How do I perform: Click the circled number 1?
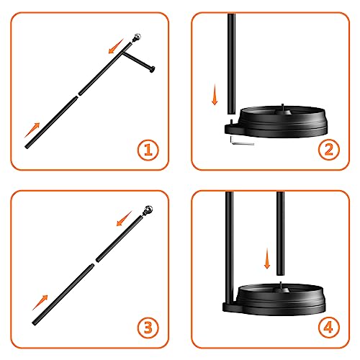[x=148, y=150]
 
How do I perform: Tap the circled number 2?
[x=329, y=150]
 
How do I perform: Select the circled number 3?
[x=148, y=328]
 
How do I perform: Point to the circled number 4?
[x=329, y=328]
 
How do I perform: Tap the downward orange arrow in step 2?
[x=215, y=94]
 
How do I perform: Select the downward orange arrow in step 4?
[x=267, y=258]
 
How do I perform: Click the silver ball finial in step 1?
[x=138, y=37]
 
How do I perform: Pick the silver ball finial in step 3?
[x=148, y=210]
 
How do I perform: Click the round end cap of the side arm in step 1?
[x=152, y=69]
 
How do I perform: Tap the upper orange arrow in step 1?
[x=116, y=46]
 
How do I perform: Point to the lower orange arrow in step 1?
[x=32, y=130]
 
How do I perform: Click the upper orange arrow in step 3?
[x=125, y=218]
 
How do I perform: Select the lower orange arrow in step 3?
[x=40, y=302]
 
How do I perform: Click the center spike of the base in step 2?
[x=283, y=107]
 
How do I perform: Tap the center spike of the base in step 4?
[x=281, y=286]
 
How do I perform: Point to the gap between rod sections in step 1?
[x=78, y=95]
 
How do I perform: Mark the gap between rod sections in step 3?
[x=95, y=263]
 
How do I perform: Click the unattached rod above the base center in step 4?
[x=281, y=233]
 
